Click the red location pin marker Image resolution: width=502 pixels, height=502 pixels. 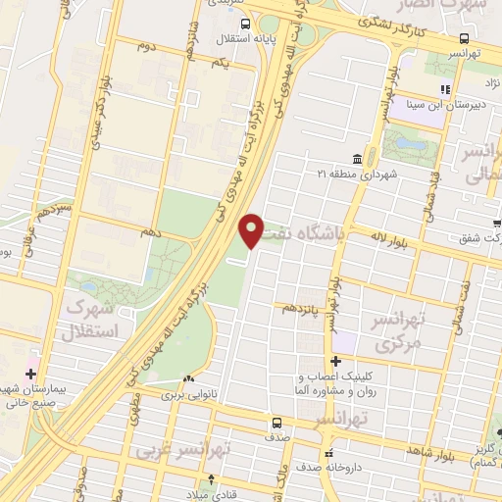coord(252,229)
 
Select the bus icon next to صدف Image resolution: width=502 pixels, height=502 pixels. coord(276,424)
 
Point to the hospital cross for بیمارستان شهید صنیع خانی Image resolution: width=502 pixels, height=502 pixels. coord(31,375)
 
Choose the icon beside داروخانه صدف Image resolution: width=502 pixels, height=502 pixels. coord(328,454)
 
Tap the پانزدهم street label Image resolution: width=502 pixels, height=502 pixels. coord(302,307)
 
